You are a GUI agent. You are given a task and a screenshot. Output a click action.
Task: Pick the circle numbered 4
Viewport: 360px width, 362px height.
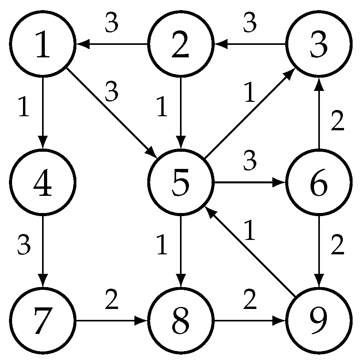[42, 182]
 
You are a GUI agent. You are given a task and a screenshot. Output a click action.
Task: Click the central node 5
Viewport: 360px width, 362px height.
[180, 182]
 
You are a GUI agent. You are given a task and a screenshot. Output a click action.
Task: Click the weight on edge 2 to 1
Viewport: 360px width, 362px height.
[112, 25]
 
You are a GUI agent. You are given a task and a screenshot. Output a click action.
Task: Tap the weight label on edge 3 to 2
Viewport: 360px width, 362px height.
[250, 25]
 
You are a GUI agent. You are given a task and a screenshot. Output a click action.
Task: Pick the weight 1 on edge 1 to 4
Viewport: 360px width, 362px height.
[24, 108]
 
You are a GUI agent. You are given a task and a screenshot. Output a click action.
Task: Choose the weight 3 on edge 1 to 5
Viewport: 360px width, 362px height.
[112, 93]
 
